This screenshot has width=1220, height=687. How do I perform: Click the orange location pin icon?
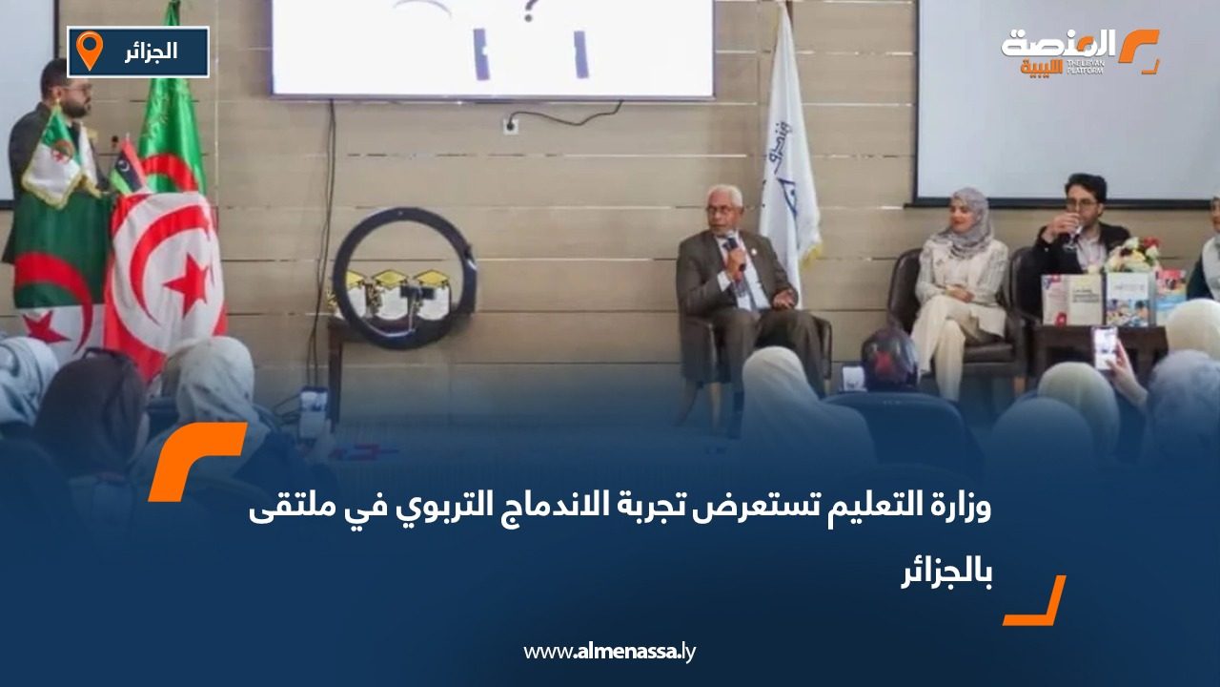point(89,51)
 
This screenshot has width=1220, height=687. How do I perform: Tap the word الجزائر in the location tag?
point(152,52)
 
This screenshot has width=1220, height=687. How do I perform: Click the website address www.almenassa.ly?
point(610,652)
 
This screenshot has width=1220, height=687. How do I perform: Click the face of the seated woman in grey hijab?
point(970,212)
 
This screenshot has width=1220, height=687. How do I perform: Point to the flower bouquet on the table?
point(1132,256)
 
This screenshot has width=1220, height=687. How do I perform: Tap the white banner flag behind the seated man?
point(787,153)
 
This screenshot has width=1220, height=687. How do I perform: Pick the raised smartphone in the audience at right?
point(1105,347)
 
